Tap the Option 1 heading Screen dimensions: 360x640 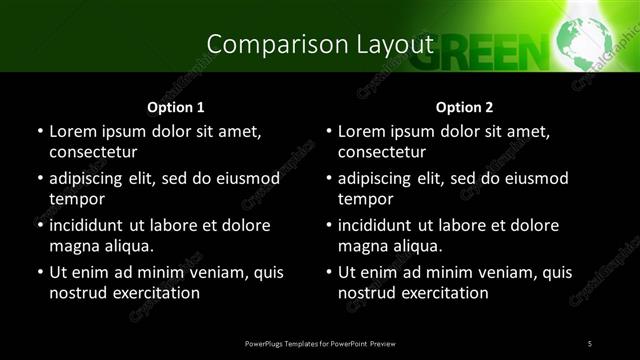(176, 107)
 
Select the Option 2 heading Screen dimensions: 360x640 (464, 107)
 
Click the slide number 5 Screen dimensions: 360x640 (590, 344)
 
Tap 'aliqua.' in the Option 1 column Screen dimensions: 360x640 (127, 246)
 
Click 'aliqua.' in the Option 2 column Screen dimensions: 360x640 (416, 246)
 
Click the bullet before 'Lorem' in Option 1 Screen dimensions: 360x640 (39, 131)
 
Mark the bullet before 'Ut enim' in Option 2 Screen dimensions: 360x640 (328, 272)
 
